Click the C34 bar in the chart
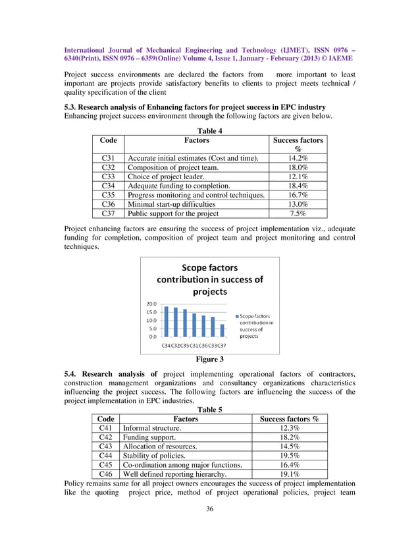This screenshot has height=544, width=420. tap(167, 321)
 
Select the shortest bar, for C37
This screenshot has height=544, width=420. tap(223, 330)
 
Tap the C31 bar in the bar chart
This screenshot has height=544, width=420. tap(194, 325)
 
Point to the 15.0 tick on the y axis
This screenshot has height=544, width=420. tap(151, 312)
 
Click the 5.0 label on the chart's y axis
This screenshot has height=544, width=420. tap(152, 328)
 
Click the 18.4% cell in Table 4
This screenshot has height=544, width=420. tap(298, 186)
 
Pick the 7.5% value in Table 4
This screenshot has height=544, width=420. tap(298, 213)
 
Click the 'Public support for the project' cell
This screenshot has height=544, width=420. tap(172, 213)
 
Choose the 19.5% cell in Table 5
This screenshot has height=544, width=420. tap(290, 455)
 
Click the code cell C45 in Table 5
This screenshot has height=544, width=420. tap(105, 464)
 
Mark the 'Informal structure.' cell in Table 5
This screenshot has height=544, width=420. tap(151, 427)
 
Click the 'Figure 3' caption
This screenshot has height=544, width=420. tap(209, 359)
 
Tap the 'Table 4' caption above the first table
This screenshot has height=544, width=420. tap(209, 130)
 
